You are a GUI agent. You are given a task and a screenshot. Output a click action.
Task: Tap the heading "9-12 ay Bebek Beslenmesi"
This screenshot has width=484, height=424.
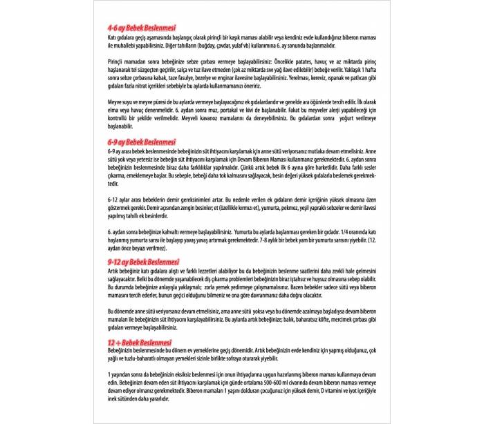138,262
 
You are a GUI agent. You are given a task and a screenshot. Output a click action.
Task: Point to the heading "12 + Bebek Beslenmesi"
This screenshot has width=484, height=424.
133,343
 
